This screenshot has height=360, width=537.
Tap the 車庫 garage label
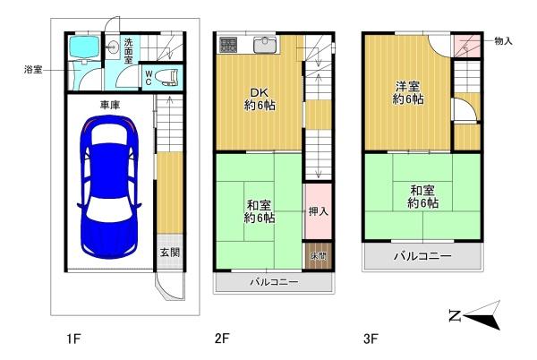(109, 105)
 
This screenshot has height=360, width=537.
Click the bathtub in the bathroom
(86, 48)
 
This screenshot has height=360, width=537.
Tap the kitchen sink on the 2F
(266, 43)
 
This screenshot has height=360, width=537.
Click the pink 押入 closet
(317, 212)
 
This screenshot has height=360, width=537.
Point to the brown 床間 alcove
(318, 256)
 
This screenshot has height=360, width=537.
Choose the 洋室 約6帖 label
(409, 93)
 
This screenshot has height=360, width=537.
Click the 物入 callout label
(503, 41)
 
